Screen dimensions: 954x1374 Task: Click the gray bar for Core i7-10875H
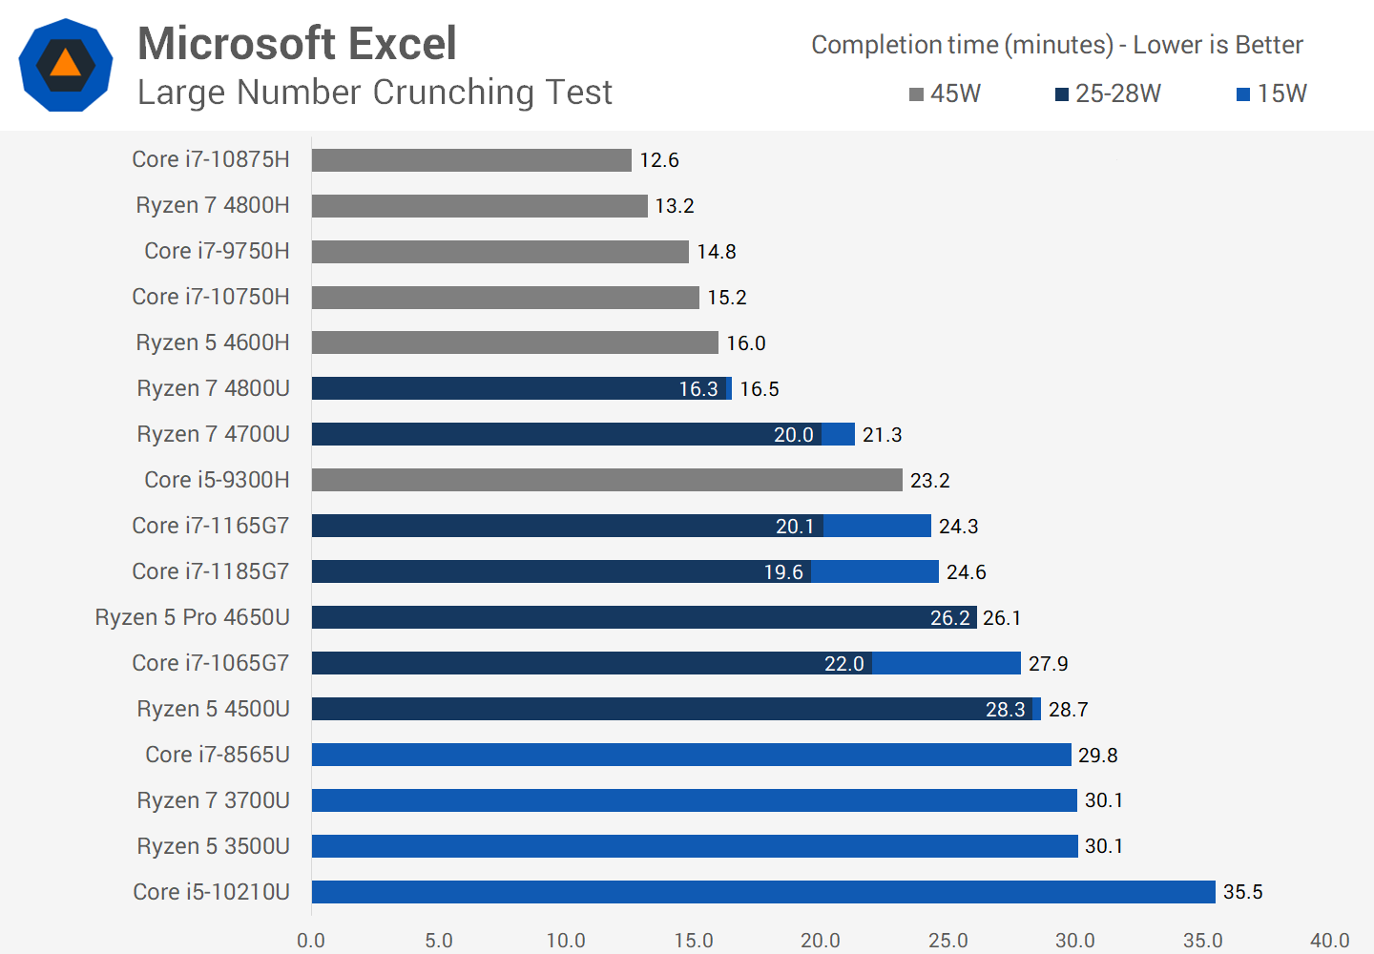(x=471, y=160)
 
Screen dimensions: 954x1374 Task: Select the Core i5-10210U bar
(x=763, y=892)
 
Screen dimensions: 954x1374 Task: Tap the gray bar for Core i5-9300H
(x=607, y=480)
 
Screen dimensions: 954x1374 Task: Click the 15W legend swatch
(x=1242, y=94)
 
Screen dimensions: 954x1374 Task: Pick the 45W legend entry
(x=945, y=93)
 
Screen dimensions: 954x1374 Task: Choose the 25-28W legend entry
(x=1108, y=93)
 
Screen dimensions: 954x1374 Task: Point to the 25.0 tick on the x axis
(x=947, y=940)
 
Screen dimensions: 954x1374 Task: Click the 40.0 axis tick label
(x=1329, y=940)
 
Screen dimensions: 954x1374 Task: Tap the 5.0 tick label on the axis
(x=438, y=940)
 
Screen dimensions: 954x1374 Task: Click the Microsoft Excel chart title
(x=297, y=44)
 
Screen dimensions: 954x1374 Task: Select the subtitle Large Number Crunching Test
(x=374, y=93)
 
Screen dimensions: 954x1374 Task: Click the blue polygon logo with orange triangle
(x=66, y=65)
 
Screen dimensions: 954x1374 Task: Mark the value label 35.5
(x=1242, y=892)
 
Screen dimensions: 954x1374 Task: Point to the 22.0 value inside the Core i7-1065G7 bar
(x=843, y=664)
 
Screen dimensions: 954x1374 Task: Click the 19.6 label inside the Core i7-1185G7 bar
(x=782, y=572)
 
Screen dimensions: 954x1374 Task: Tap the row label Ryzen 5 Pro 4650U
(x=192, y=617)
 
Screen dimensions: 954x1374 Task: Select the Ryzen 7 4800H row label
(x=212, y=205)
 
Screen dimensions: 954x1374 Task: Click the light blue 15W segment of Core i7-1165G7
(x=877, y=526)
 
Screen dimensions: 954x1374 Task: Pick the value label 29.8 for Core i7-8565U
(x=1097, y=756)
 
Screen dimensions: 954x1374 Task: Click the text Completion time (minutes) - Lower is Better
(x=1056, y=45)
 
